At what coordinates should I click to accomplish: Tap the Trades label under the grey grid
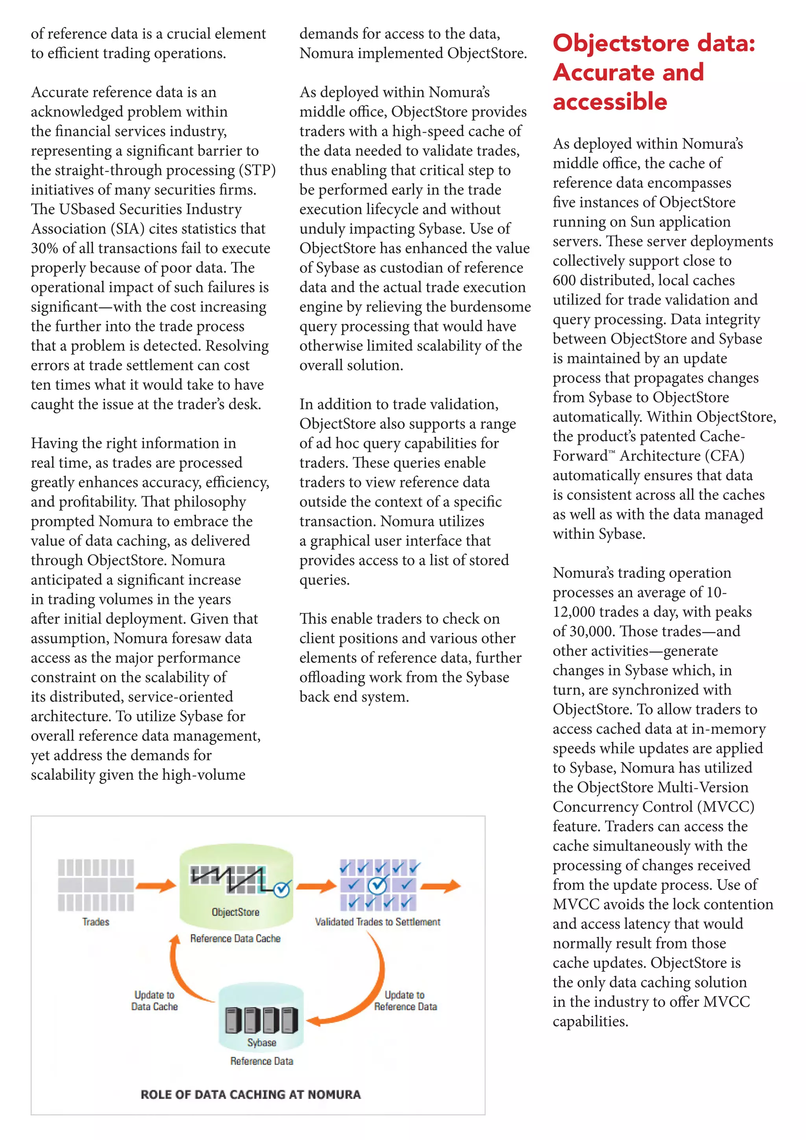pos(96,922)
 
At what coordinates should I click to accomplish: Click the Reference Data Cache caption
pos(235,938)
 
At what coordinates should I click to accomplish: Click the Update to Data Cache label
pos(154,1001)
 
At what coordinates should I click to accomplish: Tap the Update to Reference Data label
pos(405,1001)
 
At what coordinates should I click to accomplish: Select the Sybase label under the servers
pos(262,1042)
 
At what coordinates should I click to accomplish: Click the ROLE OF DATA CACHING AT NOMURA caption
pos(251,1094)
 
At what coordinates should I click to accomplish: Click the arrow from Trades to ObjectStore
pos(156,885)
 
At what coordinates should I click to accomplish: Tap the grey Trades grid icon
pos(96,885)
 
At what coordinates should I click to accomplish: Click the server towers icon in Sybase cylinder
pos(262,1019)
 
